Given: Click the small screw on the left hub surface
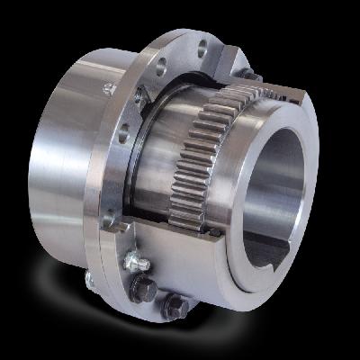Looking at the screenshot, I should point(109,88).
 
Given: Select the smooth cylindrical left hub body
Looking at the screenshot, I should point(63,153).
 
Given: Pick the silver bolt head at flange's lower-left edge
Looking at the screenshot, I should point(90,280).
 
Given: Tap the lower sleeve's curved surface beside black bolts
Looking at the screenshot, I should point(216,279).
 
